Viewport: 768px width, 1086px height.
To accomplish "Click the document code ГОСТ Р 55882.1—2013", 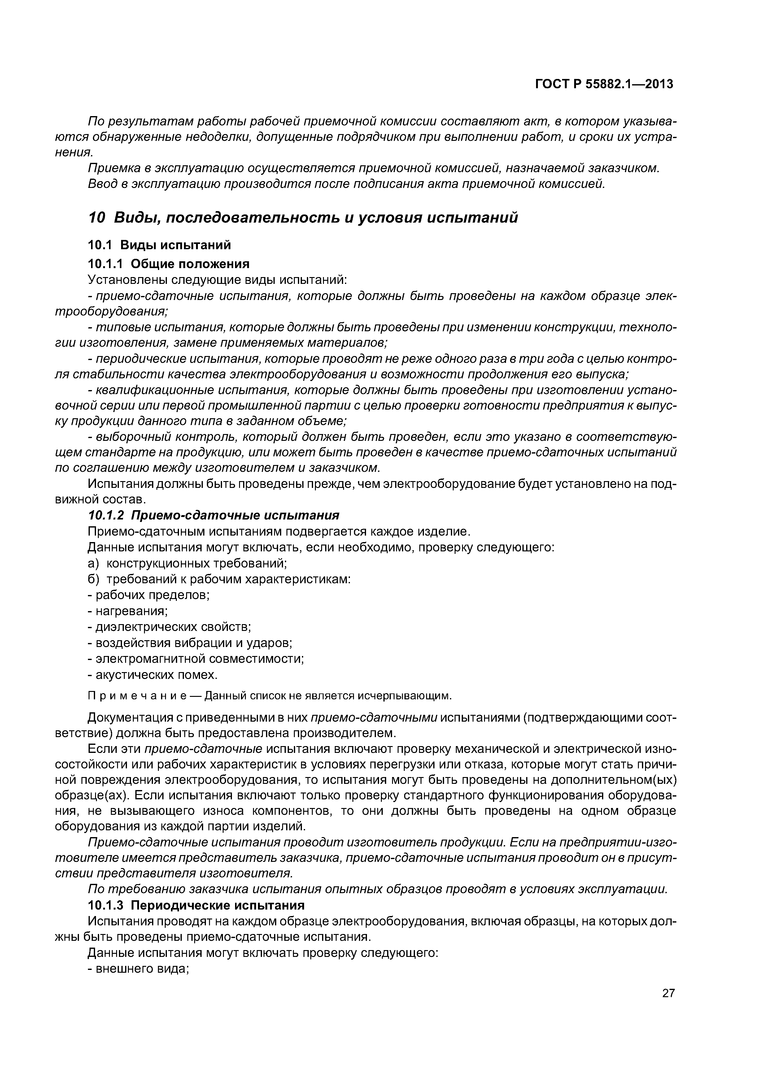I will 604,84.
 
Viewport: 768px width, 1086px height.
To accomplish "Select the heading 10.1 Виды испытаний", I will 159,245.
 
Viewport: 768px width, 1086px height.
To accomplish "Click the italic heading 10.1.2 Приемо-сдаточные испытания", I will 214,515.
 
